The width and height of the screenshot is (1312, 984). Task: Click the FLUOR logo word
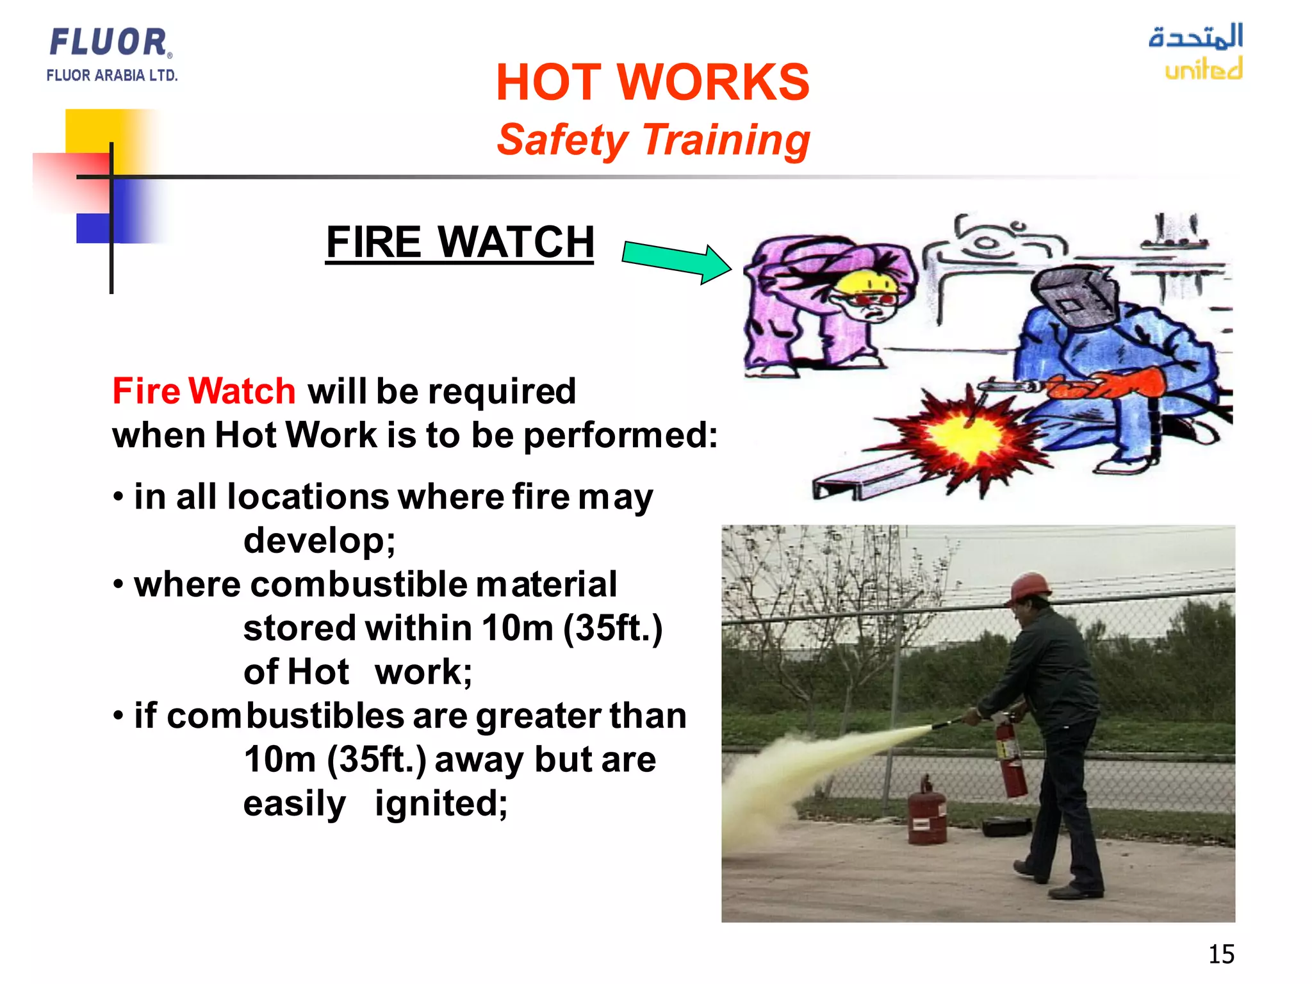[109, 42]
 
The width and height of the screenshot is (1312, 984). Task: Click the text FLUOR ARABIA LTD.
[111, 76]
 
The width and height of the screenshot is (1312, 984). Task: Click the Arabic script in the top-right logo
[1195, 36]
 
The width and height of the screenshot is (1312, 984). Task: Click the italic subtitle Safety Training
[652, 140]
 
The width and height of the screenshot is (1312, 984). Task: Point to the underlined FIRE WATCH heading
[459, 242]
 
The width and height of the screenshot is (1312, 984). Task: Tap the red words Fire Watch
[204, 391]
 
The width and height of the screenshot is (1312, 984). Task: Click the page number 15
[1221, 954]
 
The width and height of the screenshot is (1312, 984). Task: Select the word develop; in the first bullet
[319, 540]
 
